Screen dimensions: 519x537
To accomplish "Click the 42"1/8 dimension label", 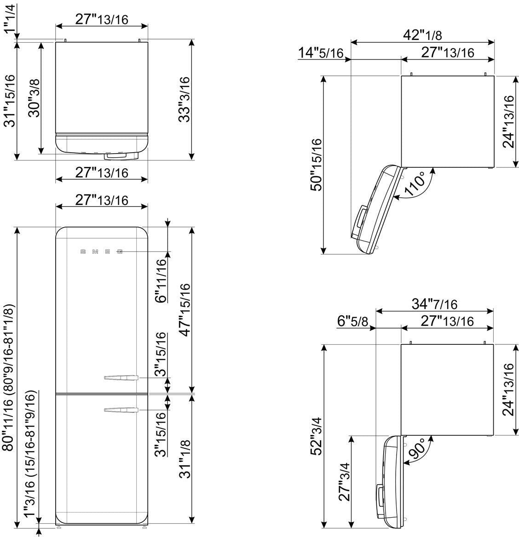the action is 422,34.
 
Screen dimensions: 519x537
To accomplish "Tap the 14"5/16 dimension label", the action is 321,53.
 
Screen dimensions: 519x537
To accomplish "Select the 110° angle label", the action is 415,184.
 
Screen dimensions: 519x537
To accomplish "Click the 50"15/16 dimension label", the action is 317,165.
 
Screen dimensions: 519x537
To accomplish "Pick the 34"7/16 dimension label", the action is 434,304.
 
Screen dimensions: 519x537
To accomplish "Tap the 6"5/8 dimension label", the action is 352,321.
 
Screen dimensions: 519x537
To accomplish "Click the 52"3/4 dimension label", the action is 317,436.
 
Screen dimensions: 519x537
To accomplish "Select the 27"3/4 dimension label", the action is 344,482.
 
